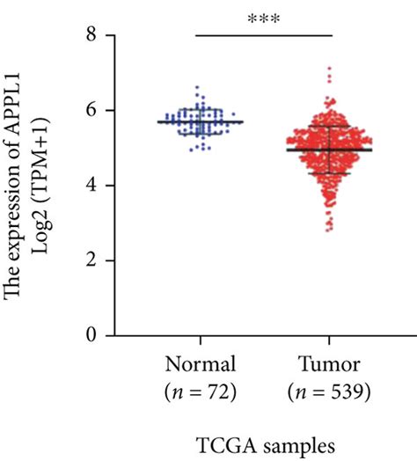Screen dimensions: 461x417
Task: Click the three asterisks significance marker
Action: point(264,19)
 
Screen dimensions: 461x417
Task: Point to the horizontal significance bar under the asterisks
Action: point(264,35)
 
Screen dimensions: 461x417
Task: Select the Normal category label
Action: point(201,364)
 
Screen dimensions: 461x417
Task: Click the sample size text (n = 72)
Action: point(201,389)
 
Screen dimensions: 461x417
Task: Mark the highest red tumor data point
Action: point(329,68)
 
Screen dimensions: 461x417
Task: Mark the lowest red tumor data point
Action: point(329,230)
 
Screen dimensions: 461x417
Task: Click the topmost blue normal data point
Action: point(196,87)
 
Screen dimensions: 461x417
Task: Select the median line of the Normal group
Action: point(201,121)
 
